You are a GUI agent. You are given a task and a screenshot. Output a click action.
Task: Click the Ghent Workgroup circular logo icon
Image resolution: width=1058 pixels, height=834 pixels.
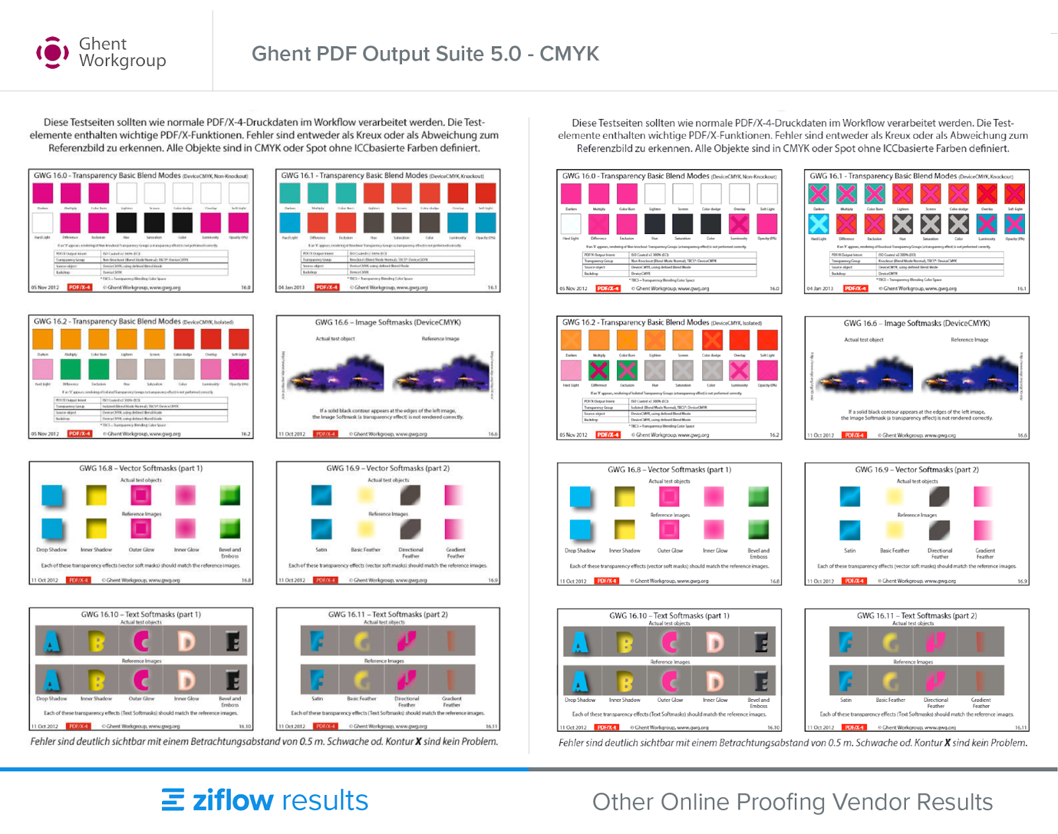52,53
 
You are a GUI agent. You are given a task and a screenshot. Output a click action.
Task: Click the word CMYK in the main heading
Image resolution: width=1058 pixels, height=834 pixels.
569,54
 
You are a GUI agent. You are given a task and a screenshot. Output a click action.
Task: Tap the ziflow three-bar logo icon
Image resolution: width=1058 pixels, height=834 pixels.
173,800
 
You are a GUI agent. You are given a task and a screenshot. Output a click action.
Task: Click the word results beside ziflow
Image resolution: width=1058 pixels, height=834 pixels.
324,800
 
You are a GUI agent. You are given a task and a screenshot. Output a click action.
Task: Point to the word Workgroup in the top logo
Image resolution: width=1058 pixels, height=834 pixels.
122,61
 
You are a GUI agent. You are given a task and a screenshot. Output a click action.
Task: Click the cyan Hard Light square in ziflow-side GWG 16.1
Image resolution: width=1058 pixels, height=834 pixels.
290,223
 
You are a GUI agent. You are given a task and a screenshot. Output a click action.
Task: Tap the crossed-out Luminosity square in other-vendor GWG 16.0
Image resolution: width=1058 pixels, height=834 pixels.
739,224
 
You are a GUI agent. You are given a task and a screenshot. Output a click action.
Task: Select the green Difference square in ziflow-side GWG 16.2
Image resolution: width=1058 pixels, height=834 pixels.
70,369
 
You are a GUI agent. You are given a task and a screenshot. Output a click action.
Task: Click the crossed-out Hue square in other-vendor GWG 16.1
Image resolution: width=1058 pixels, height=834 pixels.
903,224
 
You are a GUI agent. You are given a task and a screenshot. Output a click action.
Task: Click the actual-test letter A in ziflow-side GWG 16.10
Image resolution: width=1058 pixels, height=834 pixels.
52,641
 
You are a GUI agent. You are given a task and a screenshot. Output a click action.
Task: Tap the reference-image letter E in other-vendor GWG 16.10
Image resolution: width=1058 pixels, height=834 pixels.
761,681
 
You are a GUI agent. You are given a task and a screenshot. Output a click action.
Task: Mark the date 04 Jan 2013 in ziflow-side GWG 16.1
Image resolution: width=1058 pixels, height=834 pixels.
292,287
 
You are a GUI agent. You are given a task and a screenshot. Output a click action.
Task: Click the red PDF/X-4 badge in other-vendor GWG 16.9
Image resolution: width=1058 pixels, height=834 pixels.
854,581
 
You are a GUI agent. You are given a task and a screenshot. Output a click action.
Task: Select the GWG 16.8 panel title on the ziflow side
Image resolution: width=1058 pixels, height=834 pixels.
141,468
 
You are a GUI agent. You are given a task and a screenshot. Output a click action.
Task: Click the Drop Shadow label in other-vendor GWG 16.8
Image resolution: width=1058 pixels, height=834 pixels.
580,550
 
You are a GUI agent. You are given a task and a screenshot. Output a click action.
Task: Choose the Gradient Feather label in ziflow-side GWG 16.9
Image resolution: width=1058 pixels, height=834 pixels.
456,552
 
